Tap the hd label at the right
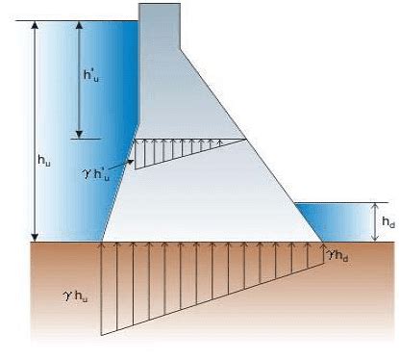click(x=387, y=221)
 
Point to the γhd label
click(x=338, y=255)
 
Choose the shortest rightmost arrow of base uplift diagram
click(x=322, y=252)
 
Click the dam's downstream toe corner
click(x=323, y=241)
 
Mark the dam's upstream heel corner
click(x=102, y=241)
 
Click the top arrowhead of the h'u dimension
click(x=78, y=24)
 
